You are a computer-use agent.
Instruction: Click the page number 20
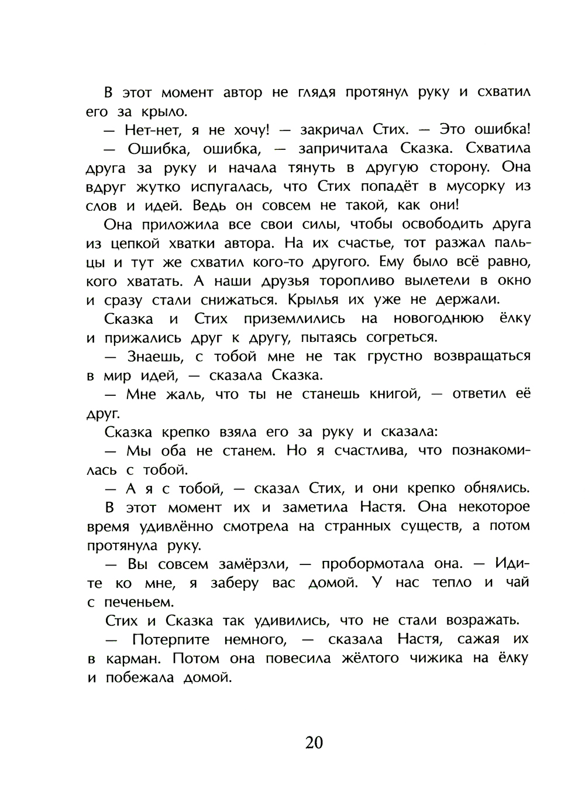(x=314, y=742)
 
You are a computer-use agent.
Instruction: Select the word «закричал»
(x=332, y=130)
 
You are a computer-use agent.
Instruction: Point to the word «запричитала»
(x=345, y=149)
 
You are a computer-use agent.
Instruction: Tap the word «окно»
(x=511, y=281)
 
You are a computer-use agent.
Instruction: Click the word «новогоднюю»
(x=439, y=319)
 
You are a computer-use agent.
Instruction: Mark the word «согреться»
(x=401, y=338)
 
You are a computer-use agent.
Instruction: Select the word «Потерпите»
(x=170, y=639)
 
